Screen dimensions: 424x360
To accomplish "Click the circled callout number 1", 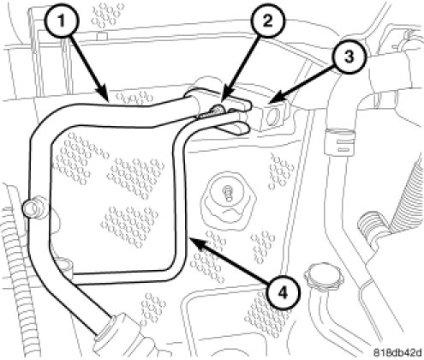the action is (x=62, y=21).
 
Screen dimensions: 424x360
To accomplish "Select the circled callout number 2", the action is (x=267, y=21).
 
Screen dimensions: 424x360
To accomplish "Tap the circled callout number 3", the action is (x=349, y=57).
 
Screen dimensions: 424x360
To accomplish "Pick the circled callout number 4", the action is (x=283, y=293).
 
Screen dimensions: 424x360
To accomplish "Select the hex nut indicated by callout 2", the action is (x=217, y=110).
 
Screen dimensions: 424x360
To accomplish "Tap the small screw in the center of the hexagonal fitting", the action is (x=229, y=192).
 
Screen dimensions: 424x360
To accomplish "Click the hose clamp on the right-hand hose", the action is (x=340, y=141).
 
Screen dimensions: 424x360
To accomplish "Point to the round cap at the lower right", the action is (x=324, y=274).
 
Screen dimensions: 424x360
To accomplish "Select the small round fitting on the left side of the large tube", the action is (x=32, y=208).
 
